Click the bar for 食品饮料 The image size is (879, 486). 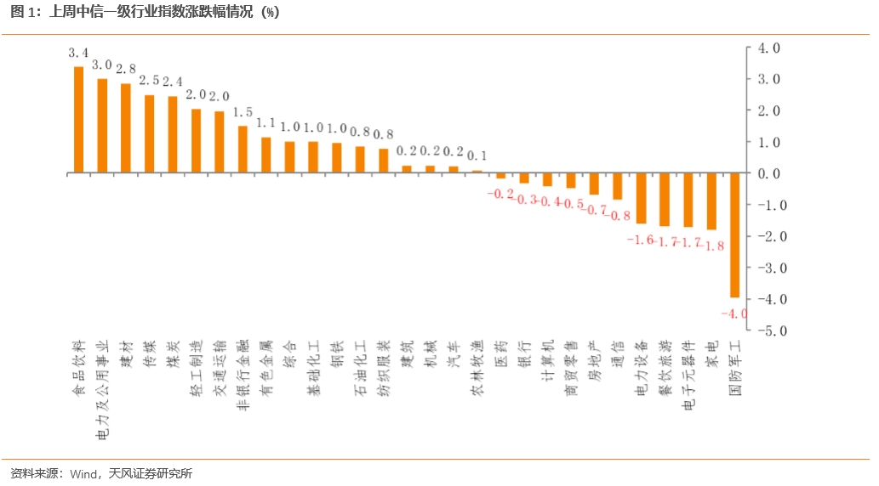78,120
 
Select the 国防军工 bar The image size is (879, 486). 734,235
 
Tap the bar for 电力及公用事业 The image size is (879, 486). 102,126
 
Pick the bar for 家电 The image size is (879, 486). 711,201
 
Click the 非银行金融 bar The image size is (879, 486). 243,150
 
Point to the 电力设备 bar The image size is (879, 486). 642,198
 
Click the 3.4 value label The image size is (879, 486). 78,53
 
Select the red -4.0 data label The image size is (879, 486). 734,314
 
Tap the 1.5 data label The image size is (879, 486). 243,112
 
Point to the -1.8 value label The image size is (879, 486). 711,246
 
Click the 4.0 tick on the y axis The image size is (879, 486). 769,48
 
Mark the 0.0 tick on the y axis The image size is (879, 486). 769,173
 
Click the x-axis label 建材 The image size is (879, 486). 126,353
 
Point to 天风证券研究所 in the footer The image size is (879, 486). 151,473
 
